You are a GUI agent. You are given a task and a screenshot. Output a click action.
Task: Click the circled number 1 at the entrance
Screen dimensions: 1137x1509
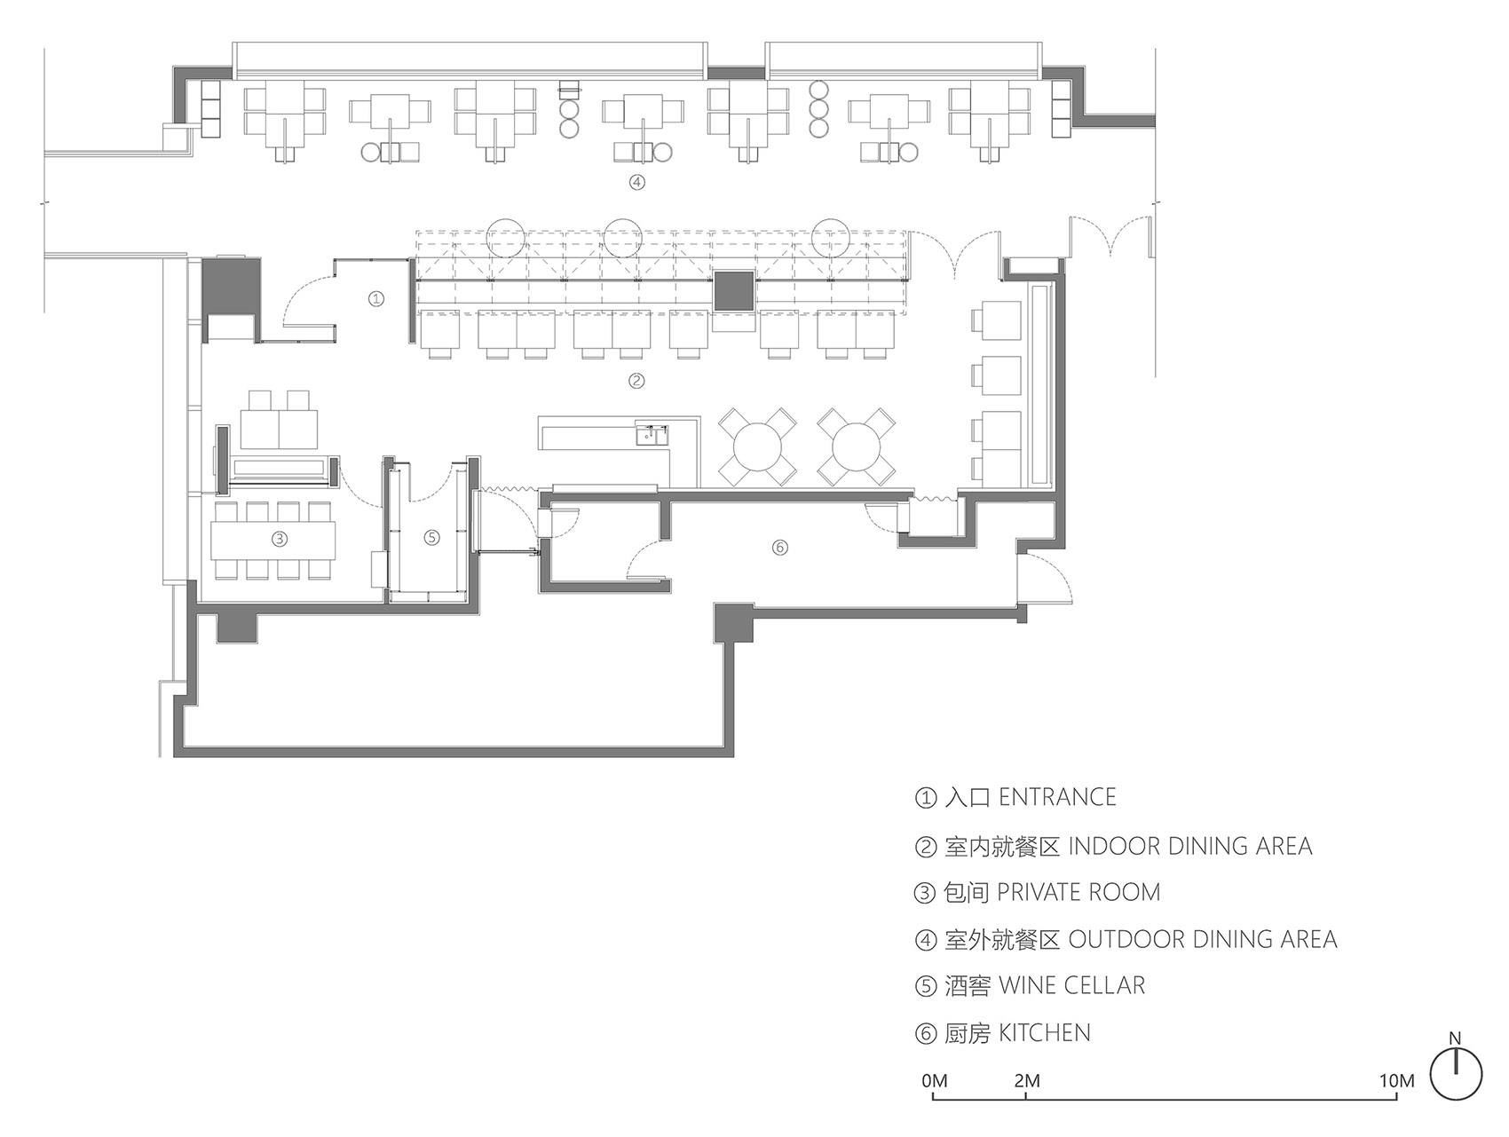376,299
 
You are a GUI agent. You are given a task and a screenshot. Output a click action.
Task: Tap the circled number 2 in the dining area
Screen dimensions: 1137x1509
636,382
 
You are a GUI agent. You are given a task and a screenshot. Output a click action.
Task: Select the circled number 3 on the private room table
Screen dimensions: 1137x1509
279,539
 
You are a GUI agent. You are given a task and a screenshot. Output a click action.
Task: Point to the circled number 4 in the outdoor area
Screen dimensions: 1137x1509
636,183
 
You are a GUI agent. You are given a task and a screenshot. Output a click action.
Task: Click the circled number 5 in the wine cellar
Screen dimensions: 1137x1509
431,537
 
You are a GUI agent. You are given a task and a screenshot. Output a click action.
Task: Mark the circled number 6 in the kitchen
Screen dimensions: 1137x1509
779,548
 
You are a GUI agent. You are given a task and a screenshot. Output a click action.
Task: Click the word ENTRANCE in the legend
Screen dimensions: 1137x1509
1057,797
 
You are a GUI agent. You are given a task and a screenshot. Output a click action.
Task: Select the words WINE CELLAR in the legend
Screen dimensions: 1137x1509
1071,985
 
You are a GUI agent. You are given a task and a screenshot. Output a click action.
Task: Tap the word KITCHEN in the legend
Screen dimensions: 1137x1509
1044,1033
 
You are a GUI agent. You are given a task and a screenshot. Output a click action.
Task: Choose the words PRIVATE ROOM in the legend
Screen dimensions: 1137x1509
1078,892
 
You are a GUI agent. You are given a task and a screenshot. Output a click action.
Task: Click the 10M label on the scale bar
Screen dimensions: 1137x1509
1396,1081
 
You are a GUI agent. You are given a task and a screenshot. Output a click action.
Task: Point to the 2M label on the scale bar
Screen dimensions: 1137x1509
1026,1081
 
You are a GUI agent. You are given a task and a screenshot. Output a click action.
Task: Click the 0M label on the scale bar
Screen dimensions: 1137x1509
935,1081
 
